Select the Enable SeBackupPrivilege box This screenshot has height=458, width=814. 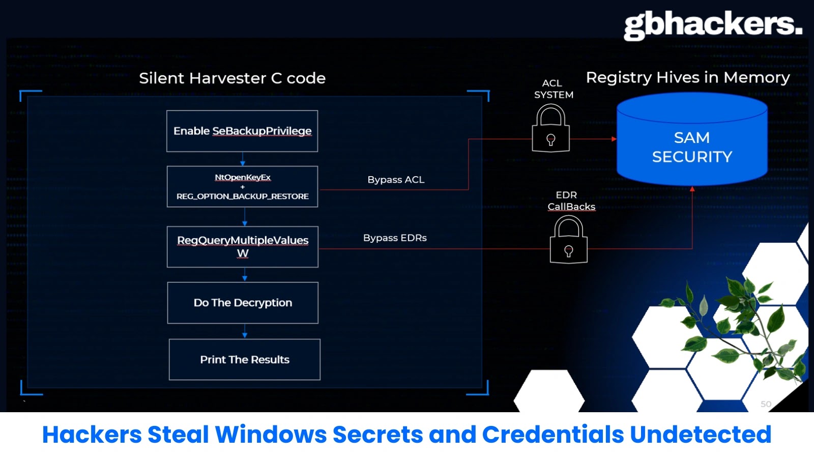[242, 131]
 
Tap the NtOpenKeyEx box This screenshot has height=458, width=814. [242, 187]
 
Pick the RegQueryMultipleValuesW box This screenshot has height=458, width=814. [243, 247]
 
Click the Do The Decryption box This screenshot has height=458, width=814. [243, 303]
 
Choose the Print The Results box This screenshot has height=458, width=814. [245, 360]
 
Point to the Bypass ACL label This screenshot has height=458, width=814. [396, 180]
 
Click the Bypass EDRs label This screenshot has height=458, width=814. [395, 238]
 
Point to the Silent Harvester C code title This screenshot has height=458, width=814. [232, 78]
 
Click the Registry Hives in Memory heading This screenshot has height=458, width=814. [688, 77]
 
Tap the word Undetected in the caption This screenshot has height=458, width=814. [701, 435]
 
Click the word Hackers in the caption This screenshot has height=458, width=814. [92, 435]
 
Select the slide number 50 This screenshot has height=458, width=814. [766, 404]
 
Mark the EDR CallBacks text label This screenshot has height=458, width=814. [570, 201]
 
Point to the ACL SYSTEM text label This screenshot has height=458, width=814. [553, 89]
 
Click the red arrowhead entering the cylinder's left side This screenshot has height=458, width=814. [614, 139]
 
